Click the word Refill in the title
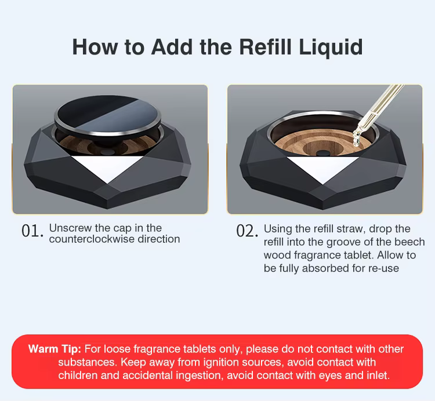(265, 47)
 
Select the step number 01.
(32, 231)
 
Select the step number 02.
(247, 231)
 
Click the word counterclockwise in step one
(92, 239)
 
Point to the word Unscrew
(70, 228)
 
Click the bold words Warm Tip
(55, 349)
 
